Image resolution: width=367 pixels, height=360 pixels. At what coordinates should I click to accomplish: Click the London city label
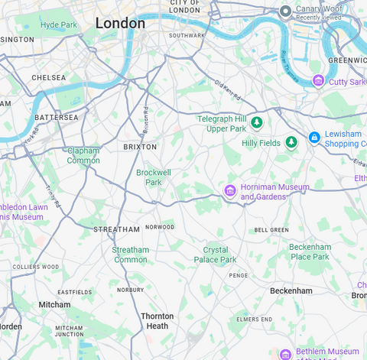point(120,24)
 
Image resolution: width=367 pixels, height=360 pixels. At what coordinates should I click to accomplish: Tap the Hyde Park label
point(59,25)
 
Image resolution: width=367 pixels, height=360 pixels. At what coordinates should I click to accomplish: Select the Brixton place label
point(140,146)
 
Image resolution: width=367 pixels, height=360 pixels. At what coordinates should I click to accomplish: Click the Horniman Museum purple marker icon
point(229,190)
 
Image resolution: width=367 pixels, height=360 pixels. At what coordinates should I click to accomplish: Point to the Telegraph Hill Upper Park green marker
point(257,122)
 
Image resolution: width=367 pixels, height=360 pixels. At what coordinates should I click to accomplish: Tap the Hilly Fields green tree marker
point(291,142)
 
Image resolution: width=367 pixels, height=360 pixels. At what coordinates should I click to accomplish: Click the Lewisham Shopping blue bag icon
point(313,138)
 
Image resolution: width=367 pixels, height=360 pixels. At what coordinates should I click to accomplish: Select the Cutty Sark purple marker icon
point(318,81)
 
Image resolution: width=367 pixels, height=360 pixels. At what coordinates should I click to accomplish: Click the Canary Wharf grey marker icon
point(285,11)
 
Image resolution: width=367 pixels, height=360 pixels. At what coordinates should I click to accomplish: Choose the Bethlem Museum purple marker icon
point(285,355)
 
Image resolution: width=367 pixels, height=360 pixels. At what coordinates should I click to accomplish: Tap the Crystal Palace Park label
point(220,255)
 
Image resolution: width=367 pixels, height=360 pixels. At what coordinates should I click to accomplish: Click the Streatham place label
point(116,229)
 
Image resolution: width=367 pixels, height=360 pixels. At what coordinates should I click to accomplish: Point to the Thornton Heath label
point(157,321)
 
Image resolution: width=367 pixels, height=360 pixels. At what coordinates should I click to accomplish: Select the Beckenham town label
point(291,291)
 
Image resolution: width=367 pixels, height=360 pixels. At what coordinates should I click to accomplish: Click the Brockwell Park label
point(154,177)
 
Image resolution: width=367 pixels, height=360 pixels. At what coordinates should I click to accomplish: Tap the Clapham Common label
point(83,155)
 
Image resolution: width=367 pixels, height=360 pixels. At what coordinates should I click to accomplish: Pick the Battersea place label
point(56,118)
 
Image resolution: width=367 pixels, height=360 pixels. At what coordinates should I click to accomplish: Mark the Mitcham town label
point(55,304)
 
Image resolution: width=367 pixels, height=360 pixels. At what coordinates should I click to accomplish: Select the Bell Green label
point(271,230)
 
